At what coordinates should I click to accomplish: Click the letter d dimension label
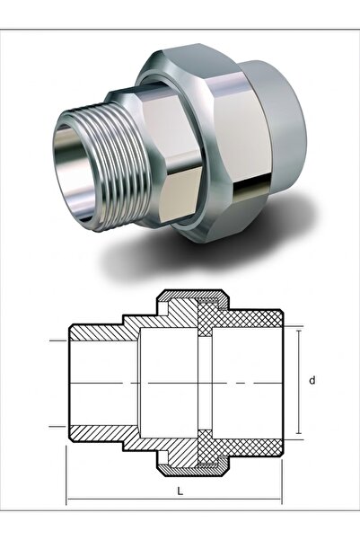click(x=312, y=381)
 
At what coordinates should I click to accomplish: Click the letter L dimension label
click(x=180, y=491)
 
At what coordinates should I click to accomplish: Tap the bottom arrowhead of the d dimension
click(x=299, y=430)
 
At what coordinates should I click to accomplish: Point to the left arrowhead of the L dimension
click(x=70, y=499)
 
